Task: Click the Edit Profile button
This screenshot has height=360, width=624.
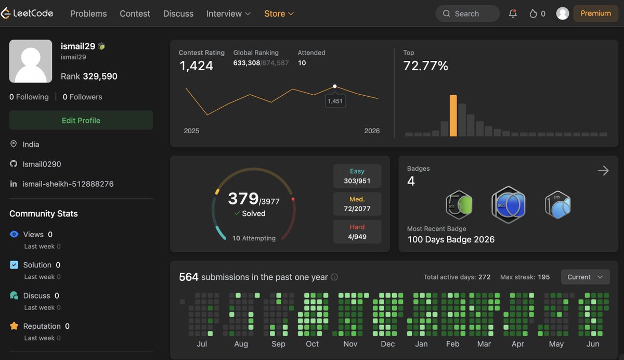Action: click(x=81, y=120)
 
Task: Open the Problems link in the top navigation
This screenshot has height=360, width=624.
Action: click(x=88, y=14)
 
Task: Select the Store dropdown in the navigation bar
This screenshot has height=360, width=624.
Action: click(x=279, y=14)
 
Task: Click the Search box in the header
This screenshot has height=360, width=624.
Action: click(x=467, y=14)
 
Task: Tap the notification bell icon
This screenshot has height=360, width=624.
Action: click(x=513, y=14)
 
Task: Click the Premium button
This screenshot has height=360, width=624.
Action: click(x=595, y=14)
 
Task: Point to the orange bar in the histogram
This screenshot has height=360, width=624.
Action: click(x=453, y=115)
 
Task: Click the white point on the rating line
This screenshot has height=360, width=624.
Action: click(x=334, y=86)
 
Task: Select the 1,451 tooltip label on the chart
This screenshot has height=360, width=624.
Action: click(x=335, y=101)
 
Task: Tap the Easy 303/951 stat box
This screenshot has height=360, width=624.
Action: click(x=357, y=176)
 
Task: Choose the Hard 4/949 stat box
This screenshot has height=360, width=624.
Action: click(x=357, y=232)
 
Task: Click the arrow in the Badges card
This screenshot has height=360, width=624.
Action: click(x=603, y=171)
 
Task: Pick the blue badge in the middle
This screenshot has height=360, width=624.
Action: click(x=509, y=205)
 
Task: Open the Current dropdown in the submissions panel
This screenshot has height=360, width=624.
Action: click(x=585, y=277)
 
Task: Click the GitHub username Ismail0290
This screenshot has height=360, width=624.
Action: click(x=42, y=164)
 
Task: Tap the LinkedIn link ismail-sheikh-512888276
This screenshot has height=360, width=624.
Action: click(x=68, y=184)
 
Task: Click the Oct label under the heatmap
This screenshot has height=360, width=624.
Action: click(x=313, y=344)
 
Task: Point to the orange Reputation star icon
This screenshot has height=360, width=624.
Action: click(x=14, y=326)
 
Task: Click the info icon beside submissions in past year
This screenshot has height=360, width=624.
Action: click(x=334, y=277)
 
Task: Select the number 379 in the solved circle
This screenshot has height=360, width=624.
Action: click(x=243, y=198)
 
